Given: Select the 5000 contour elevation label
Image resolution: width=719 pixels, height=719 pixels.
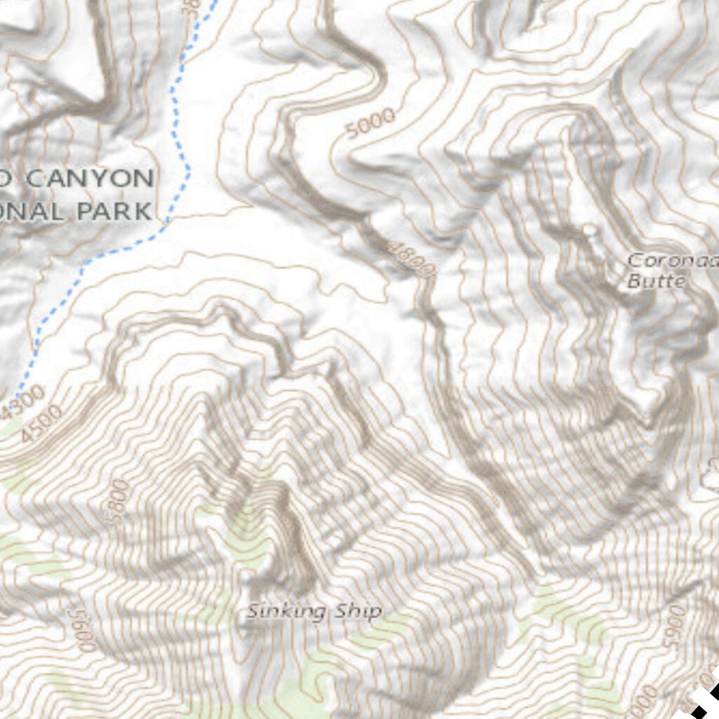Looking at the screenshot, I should (x=371, y=124).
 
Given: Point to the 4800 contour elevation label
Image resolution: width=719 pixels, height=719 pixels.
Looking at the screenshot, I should (x=413, y=258).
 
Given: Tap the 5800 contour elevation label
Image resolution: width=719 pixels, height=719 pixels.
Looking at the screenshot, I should (x=120, y=501).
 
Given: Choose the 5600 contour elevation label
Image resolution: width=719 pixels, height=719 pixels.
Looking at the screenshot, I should (x=83, y=631).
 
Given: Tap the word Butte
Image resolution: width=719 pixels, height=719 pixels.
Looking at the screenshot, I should (x=654, y=281).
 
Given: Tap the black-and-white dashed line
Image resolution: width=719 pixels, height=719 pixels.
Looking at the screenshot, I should (x=702, y=695).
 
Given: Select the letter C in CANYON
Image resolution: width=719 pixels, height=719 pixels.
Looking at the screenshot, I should (x=35, y=178).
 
